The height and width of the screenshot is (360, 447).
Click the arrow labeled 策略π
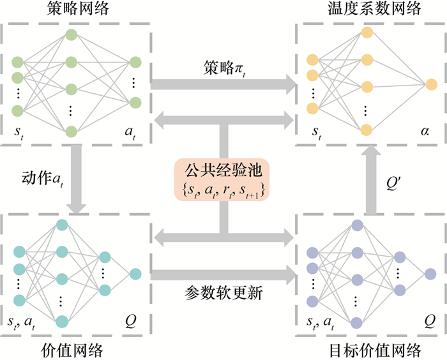[x=223, y=83]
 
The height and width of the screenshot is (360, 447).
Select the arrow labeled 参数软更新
[x=223, y=275]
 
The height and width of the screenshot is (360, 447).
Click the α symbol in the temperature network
[x=424, y=133]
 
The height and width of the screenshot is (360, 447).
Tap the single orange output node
[x=432, y=83]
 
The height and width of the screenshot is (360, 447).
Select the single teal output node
[x=135, y=274]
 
